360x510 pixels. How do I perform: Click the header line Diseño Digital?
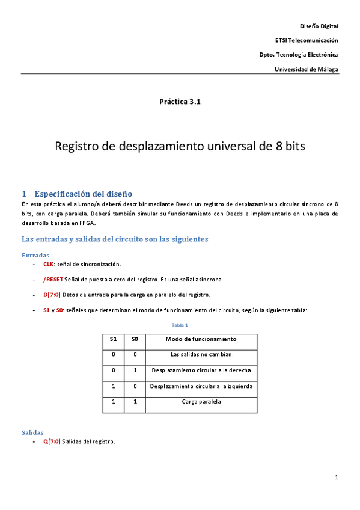click(x=319, y=26)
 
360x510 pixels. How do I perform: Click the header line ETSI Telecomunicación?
click(x=306, y=40)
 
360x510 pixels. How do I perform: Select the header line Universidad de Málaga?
click(x=306, y=69)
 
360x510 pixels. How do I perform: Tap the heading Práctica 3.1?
click(x=180, y=102)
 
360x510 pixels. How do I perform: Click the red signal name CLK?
click(x=49, y=264)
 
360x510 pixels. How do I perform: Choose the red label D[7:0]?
click(x=52, y=295)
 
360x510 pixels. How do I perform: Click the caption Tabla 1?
click(x=180, y=325)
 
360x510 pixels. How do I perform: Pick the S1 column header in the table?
click(x=113, y=339)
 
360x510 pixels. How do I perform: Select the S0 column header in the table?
click(x=135, y=339)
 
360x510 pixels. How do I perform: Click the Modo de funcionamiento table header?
click(x=201, y=339)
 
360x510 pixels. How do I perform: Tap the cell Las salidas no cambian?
click(x=201, y=354)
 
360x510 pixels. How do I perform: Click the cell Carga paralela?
click(x=201, y=401)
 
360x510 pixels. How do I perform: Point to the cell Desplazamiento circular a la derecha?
click(x=201, y=370)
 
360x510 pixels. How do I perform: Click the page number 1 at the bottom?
click(x=337, y=478)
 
